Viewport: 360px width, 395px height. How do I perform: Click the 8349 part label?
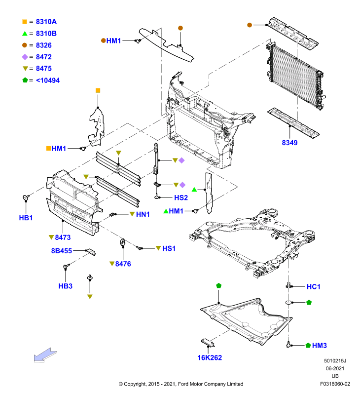pyautogui.click(x=289, y=143)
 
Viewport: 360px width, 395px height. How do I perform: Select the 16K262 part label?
pyautogui.click(x=210, y=357)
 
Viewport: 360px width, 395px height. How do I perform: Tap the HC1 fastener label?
pyautogui.click(x=314, y=286)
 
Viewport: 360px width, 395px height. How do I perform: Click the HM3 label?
pyautogui.click(x=319, y=345)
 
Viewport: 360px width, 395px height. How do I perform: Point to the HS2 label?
pyautogui.click(x=181, y=197)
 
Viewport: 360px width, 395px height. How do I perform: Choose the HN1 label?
pyautogui.click(x=143, y=214)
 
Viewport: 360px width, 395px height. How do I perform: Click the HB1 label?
pyautogui.click(x=26, y=218)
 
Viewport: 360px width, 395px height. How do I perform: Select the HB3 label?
pyautogui.click(x=66, y=286)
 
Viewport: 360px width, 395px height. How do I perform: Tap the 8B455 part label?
pyautogui.click(x=61, y=251)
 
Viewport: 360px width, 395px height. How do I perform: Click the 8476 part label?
pyautogui.click(x=123, y=264)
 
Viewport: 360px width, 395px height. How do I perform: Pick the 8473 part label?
pyautogui.click(x=63, y=237)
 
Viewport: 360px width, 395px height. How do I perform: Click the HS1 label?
pyautogui.click(x=169, y=248)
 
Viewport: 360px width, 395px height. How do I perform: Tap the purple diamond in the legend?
pyautogui.click(x=25, y=57)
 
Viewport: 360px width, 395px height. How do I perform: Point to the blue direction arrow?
pyautogui.click(x=45, y=355)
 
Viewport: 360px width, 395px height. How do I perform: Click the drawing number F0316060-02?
pyautogui.click(x=335, y=384)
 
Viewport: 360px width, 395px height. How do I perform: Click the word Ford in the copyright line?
pyautogui.click(x=183, y=384)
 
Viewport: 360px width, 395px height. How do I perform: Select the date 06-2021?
pyautogui.click(x=335, y=368)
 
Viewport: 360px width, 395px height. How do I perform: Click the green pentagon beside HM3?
pyautogui.click(x=308, y=345)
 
